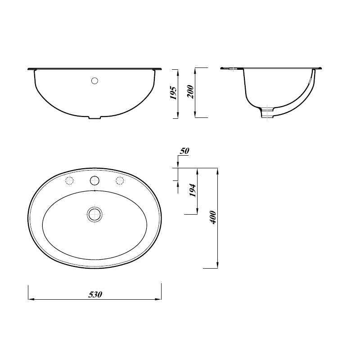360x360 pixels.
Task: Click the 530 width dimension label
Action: point(95,295)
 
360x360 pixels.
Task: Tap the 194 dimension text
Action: point(193,191)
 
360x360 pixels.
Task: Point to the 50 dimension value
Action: point(184,151)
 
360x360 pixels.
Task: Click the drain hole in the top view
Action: point(94,214)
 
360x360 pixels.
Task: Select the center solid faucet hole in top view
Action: point(94,181)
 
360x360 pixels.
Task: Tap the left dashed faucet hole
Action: point(69,181)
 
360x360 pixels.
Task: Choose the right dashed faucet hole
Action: point(120,181)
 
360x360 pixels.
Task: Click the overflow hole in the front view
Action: point(94,81)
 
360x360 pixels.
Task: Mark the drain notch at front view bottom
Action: point(94,118)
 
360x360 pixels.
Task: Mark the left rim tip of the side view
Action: point(222,68)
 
